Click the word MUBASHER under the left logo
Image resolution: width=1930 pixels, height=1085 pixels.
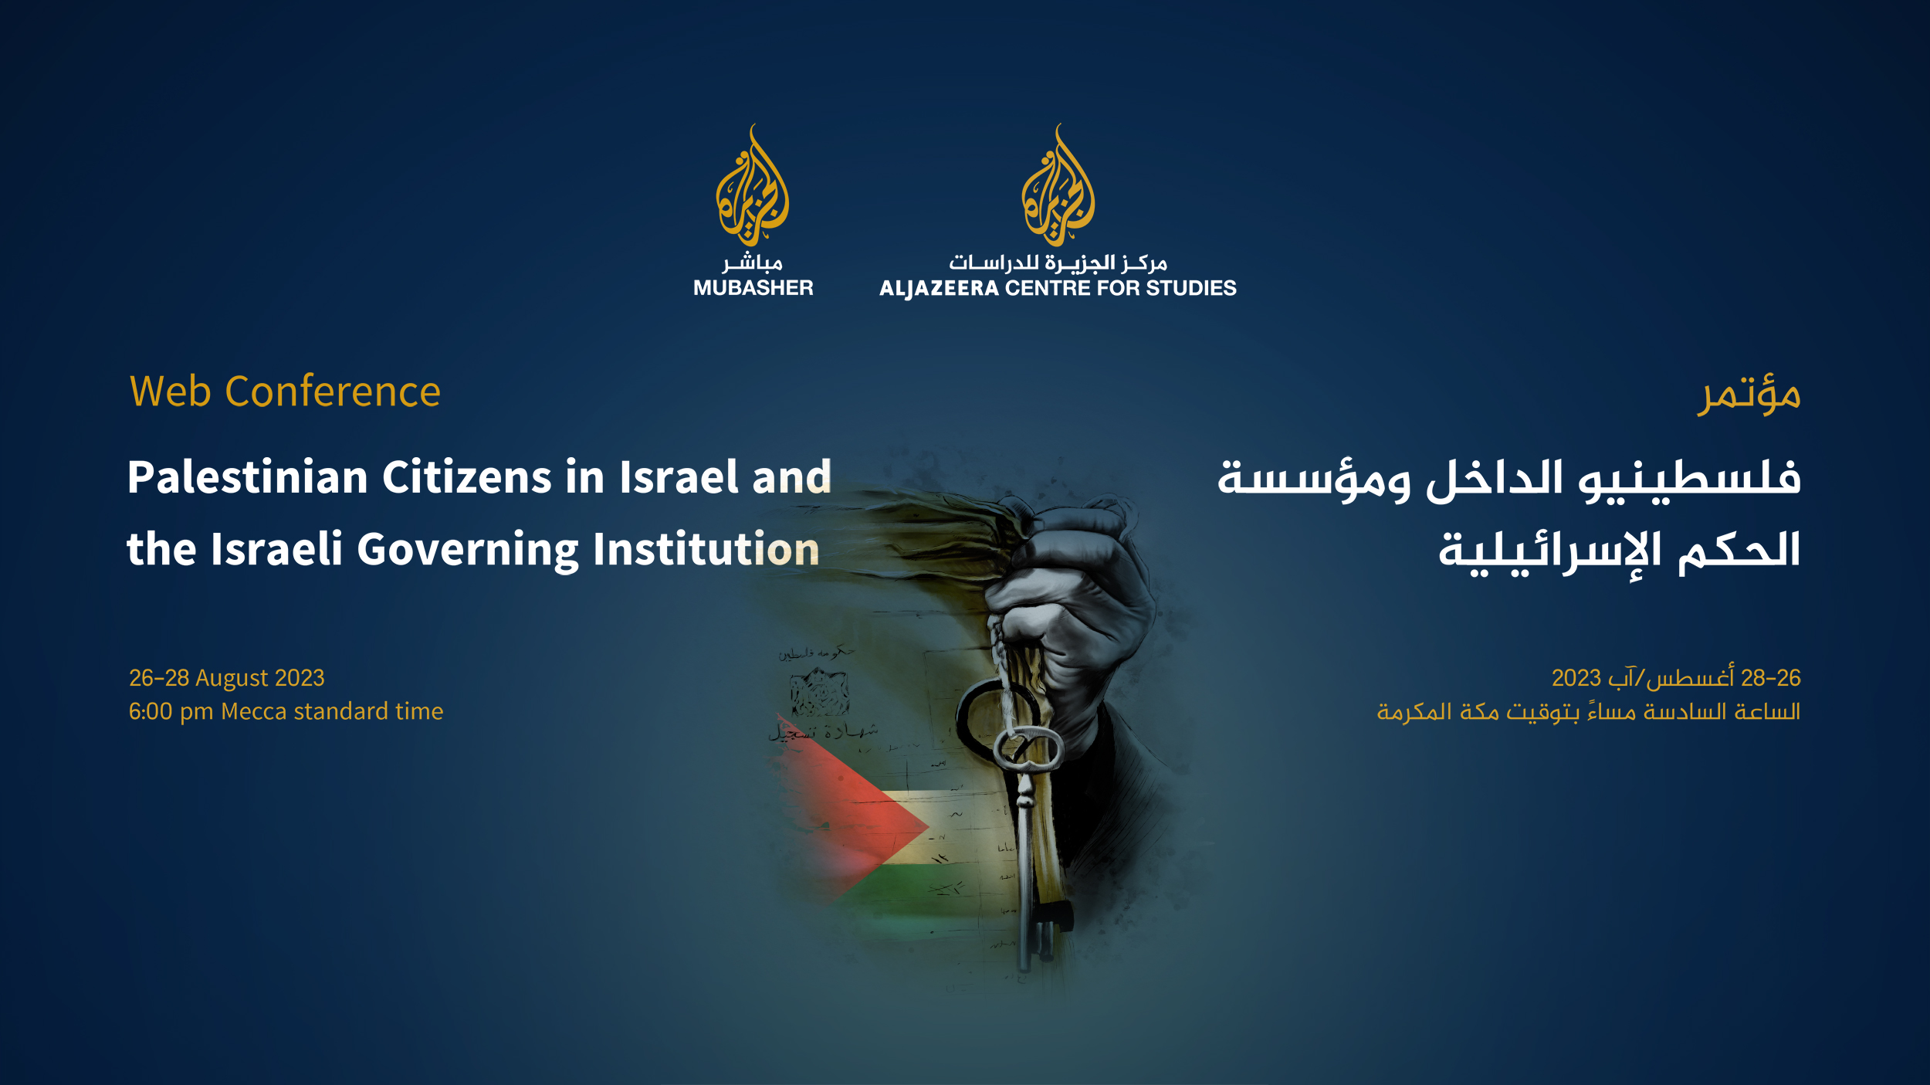tap(753, 288)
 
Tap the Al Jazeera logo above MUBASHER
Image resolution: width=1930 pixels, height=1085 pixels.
tap(752, 188)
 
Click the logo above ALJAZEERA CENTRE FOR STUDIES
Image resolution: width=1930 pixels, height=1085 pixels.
tap(1058, 188)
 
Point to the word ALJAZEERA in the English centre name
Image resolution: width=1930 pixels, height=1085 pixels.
tap(939, 289)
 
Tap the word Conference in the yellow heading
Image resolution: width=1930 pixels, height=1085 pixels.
tap(333, 392)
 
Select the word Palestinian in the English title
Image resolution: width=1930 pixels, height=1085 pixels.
tap(247, 477)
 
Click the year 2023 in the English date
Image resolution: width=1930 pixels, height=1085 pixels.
tap(300, 678)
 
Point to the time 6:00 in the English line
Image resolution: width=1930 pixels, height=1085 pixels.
tap(151, 711)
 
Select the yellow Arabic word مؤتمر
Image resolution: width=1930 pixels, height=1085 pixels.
tap(1748, 394)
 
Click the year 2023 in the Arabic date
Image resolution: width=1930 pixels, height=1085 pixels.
tap(1576, 678)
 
